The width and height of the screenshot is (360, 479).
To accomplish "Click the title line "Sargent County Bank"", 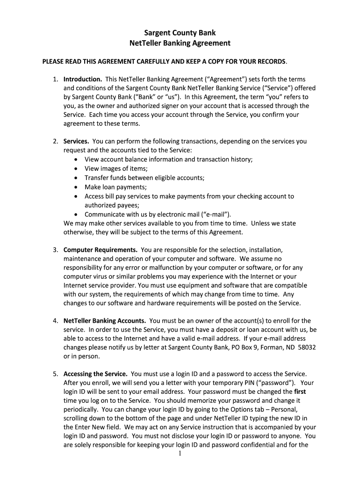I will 180,33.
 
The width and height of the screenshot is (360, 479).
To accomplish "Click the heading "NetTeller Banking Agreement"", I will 180,43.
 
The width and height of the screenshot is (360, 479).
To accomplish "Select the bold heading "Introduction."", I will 83,79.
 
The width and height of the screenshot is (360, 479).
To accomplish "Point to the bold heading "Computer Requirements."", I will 100,250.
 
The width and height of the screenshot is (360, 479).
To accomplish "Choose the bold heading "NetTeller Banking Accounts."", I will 105,320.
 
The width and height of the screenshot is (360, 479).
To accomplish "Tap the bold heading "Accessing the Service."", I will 95,374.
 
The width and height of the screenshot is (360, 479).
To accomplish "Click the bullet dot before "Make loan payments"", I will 76,187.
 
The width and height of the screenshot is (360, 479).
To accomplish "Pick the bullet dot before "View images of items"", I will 76,169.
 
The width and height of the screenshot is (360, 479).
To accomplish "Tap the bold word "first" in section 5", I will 300,392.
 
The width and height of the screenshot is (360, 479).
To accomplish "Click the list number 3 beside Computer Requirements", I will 55,250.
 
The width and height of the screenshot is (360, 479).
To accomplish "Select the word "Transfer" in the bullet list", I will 96,178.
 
